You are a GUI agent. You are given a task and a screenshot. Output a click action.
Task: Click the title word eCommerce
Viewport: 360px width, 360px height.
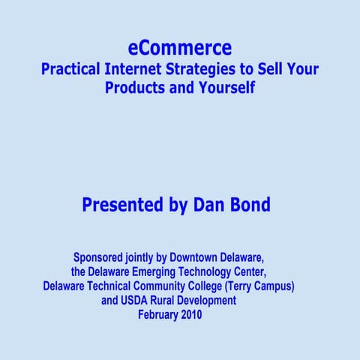180,48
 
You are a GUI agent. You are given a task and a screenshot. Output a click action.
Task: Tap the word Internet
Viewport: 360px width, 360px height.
137,70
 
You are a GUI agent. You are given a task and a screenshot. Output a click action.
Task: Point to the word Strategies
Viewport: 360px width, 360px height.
204,70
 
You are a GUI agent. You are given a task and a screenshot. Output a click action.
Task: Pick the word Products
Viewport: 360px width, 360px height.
135,88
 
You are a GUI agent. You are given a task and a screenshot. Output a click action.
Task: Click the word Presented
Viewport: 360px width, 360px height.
123,205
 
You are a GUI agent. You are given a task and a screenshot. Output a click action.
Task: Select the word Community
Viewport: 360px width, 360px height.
172,286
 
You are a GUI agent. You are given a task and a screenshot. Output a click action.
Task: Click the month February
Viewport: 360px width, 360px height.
159,315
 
